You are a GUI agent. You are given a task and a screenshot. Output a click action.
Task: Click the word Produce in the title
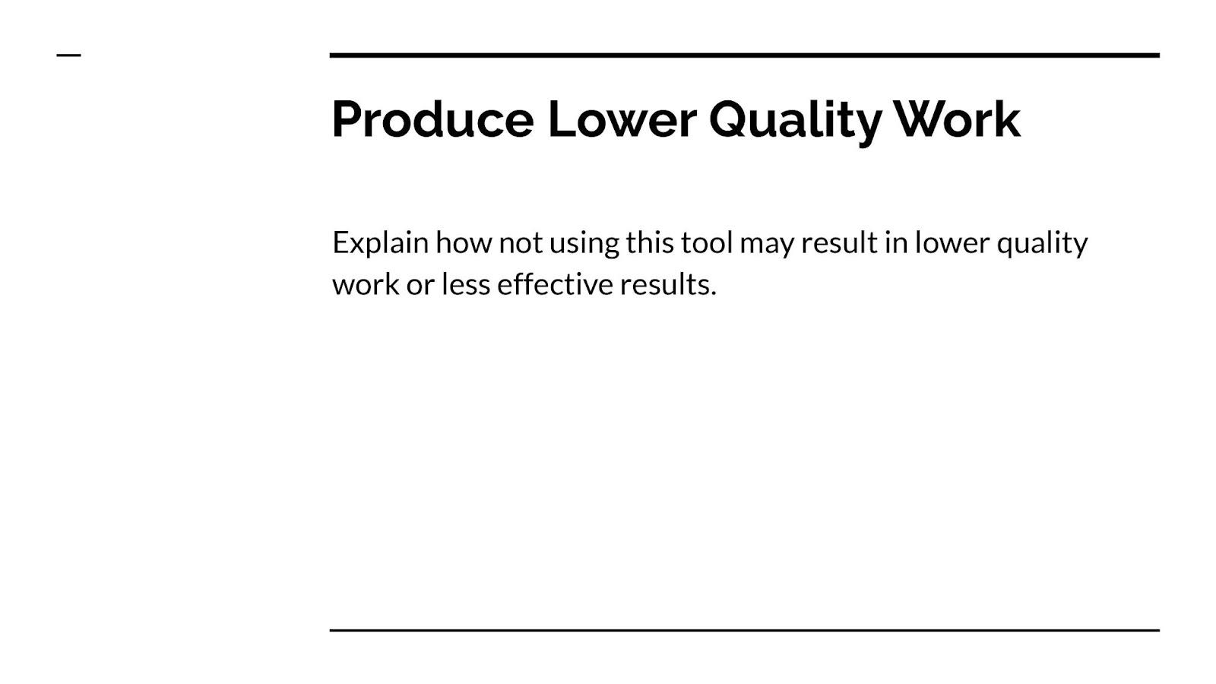pos(432,119)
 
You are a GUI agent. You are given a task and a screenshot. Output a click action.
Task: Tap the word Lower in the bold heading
pos(622,119)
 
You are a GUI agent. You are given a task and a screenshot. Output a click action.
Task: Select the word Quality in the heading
pos(795,122)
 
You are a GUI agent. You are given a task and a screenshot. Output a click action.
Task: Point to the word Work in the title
pos(958,119)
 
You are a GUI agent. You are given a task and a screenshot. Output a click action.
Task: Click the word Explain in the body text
pos(381,243)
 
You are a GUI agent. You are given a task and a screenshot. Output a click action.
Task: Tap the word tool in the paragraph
pos(707,242)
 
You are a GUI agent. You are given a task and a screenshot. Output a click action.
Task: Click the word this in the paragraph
pos(650,242)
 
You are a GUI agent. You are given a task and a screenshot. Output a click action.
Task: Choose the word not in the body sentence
pos(521,244)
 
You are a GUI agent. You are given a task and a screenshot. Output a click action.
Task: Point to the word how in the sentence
pos(464,242)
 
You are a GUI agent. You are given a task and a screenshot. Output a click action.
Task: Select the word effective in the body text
pos(555,284)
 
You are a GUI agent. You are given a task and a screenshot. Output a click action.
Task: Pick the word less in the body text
pos(467,284)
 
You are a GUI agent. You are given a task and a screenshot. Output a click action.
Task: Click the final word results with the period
pos(668,284)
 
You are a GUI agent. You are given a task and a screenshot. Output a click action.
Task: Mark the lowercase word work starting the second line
pos(366,284)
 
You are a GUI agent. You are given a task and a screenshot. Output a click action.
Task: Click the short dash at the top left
pos(69,55)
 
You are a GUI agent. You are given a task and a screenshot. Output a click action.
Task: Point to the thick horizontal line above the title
pos(745,55)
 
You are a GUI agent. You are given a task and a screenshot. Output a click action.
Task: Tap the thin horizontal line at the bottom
pos(745,630)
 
